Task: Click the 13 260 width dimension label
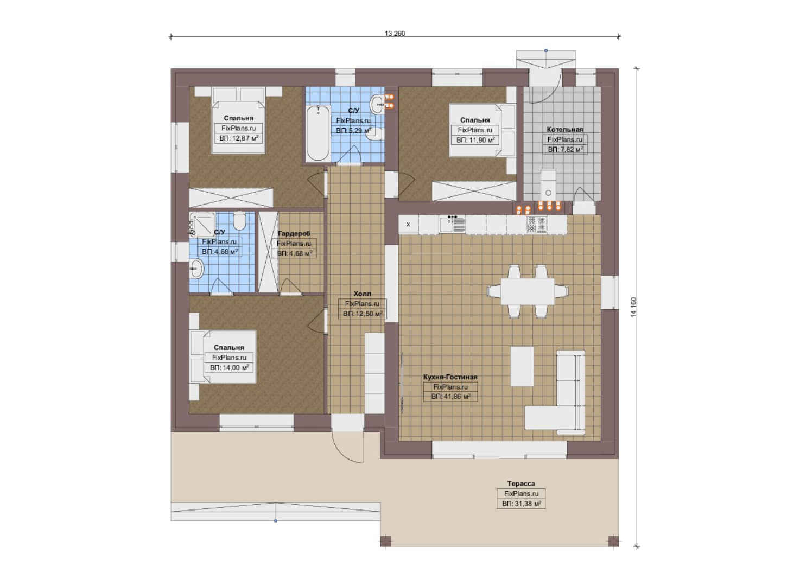pyautogui.click(x=395, y=34)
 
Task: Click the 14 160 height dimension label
pyautogui.click(x=633, y=307)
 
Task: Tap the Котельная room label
pyautogui.click(x=565, y=129)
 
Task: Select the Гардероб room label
pyautogui.click(x=294, y=233)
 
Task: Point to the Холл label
pyautogui.click(x=362, y=294)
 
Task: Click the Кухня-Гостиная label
pyautogui.click(x=450, y=377)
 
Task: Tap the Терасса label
pyautogui.click(x=521, y=483)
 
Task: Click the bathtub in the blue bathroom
pyautogui.click(x=318, y=133)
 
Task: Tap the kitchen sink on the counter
pyautogui.click(x=452, y=225)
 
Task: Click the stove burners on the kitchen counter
pyautogui.click(x=536, y=224)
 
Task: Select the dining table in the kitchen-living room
pyautogui.click(x=527, y=291)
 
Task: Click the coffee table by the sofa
pyautogui.click(x=522, y=366)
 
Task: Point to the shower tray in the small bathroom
pyautogui.click(x=202, y=225)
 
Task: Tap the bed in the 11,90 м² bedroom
pyautogui.click(x=482, y=130)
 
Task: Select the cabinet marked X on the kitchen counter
pyautogui.click(x=409, y=224)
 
